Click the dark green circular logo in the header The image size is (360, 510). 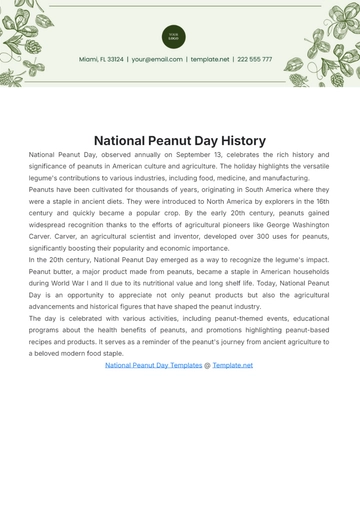pos(173,37)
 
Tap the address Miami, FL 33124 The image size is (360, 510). pos(102,59)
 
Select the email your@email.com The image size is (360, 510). pos(156,59)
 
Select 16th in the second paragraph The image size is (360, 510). pos(318,201)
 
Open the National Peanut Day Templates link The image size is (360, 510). pos(153,365)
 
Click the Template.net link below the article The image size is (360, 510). pos(233,365)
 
